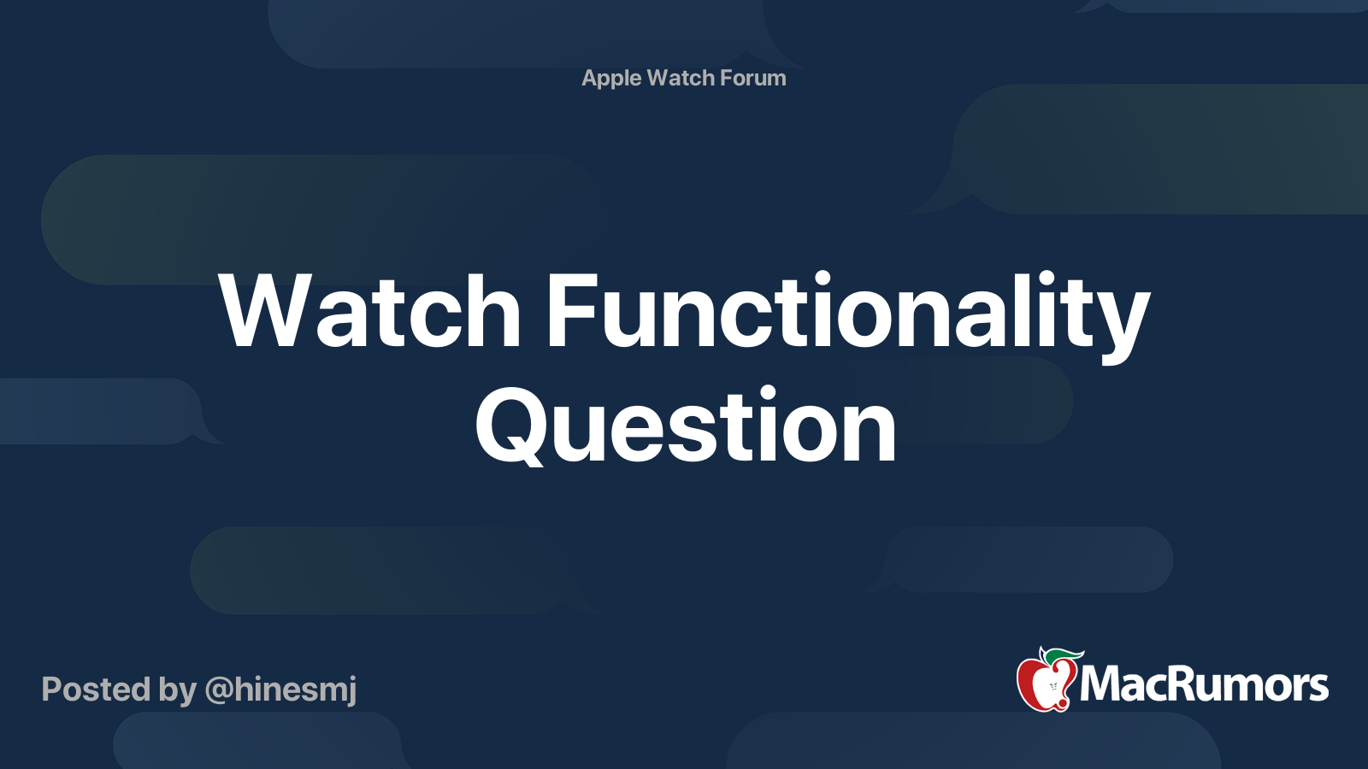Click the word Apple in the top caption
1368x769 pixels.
[x=611, y=79]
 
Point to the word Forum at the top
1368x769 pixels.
[x=752, y=79]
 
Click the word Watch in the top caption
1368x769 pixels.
[x=681, y=79]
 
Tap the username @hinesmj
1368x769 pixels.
[x=280, y=690]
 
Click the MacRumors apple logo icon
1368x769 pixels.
[x=1046, y=682]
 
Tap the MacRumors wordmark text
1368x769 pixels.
[x=1204, y=684]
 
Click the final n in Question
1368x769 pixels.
[x=870, y=431]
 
